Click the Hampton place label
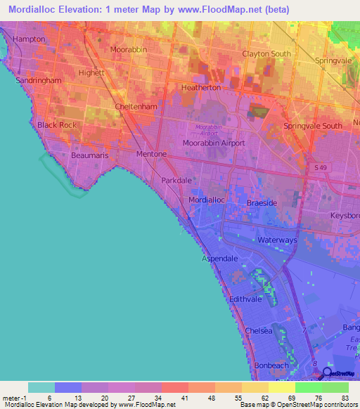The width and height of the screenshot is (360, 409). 29,39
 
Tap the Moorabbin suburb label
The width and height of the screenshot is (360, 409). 128,49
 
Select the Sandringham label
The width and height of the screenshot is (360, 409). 39,80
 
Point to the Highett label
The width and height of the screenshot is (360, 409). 91,72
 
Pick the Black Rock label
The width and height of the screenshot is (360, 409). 56,125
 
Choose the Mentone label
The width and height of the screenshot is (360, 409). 151,154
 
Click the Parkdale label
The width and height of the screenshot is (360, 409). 176,181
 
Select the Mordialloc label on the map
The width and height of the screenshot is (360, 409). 207,200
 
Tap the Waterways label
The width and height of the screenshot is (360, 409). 278,240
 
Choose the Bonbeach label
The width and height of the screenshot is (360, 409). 271,365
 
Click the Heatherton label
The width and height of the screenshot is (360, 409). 201,88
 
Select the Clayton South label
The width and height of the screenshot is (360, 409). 266,54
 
